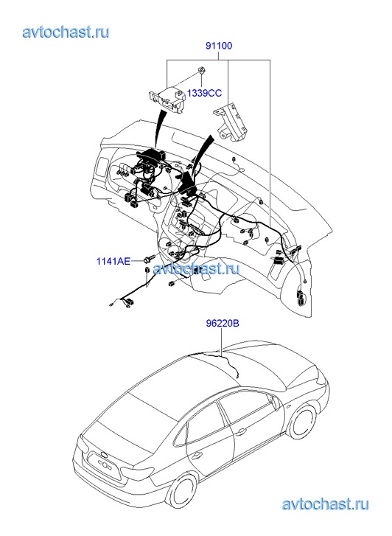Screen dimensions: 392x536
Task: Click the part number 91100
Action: [219, 46]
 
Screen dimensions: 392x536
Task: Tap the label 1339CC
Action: [204, 93]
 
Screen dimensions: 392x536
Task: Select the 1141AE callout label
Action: [113, 262]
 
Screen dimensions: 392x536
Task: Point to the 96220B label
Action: [222, 323]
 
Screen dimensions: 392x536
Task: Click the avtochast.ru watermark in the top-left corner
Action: [66, 32]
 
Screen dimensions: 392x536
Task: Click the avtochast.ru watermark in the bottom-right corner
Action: [325, 504]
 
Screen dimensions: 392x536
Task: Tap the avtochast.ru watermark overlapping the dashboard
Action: [196, 268]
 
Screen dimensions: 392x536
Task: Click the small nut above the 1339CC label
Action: [202, 71]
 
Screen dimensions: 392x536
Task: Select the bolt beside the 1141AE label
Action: [150, 259]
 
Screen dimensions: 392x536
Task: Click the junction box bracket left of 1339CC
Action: [167, 99]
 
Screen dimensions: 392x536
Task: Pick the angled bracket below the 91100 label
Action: [231, 122]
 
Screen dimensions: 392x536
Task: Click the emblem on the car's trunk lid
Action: [103, 454]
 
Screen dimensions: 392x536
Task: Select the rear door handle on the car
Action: [196, 456]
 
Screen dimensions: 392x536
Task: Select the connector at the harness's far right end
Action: [301, 298]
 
